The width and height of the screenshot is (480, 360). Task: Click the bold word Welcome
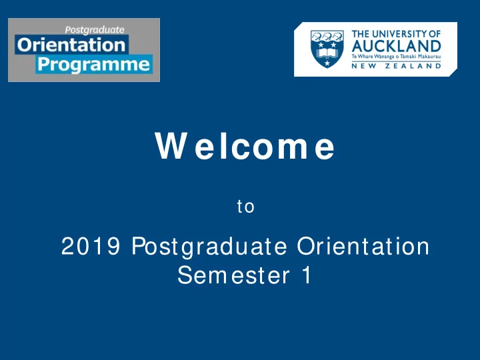click(245, 146)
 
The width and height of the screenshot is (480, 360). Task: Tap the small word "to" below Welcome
click(245, 206)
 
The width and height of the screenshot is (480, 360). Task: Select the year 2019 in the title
click(91, 246)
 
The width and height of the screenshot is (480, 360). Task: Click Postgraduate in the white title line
click(209, 247)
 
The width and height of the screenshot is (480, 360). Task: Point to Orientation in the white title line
click(363, 246)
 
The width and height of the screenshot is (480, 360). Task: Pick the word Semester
click(233, 275)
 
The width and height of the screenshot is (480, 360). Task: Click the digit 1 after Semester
click(307, 275)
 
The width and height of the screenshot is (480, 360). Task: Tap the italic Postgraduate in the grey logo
click(95, 30)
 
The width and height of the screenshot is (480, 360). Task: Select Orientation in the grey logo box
click(71, 45)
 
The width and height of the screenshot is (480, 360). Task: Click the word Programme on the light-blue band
click(94, 65)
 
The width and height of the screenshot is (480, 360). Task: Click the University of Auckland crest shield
click(327, 49)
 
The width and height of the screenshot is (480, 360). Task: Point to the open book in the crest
click(327, 53)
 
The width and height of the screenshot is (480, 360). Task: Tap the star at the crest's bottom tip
click(327, 63)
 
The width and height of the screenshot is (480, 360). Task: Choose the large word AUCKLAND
click(396, 46)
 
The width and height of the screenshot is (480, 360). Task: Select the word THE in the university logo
click(360, 34)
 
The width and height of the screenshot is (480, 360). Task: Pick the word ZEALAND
click(413, 66)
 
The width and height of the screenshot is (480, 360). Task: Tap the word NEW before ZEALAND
click(364, 66)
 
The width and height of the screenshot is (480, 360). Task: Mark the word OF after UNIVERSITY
click(435, 34)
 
